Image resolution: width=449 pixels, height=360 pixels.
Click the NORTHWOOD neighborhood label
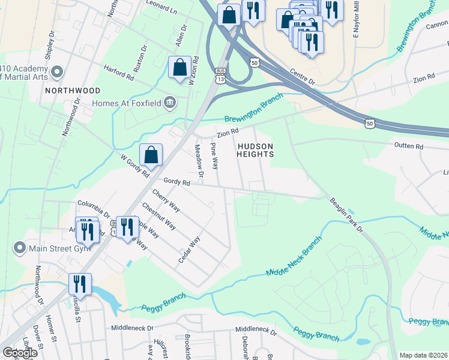pos(72,91)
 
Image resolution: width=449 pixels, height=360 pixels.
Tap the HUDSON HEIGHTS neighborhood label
pos(255,150)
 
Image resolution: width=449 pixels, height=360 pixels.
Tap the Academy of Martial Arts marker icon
pos(58,73)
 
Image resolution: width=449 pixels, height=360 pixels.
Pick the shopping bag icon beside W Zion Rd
pos(180,68)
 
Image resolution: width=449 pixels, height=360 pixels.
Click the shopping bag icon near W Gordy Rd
pos(151,155)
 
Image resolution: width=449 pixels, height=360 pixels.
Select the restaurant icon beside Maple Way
pos(127,228)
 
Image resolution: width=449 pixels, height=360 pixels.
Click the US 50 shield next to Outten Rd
pos(369,123)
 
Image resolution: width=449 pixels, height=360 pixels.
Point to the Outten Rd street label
pos(409,146)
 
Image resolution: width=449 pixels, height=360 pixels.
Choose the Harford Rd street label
pos(118,73)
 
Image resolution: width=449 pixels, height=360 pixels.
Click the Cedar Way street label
pos(188,250)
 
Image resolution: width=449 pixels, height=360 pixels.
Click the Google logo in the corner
pos(20,353)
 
